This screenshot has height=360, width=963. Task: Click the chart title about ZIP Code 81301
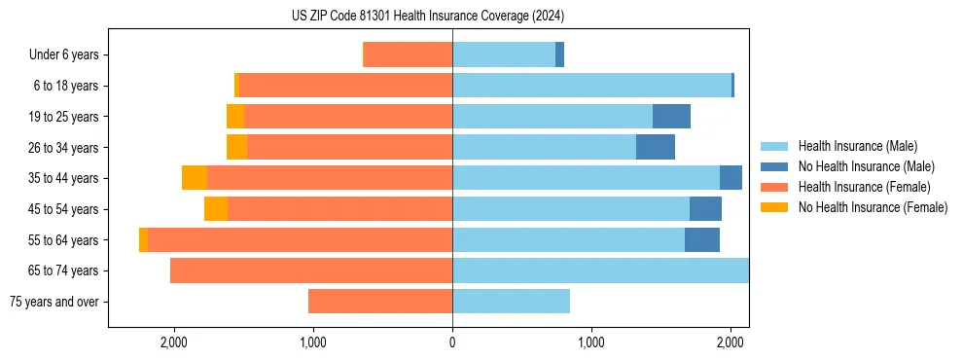pyautogui.click(x=428, y=17)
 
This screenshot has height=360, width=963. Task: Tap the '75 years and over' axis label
pyautogui.click(x=54, y=302)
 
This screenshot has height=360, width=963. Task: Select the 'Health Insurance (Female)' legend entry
pyautogui.click(x=864, y=187)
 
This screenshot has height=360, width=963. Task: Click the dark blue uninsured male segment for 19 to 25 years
pyautogui.click(x=671, y=117)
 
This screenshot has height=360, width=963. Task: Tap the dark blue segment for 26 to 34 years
pyautogui.click(x=656, y=147)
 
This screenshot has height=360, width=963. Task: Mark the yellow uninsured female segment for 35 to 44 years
pyautogui.click(x=195, y=178)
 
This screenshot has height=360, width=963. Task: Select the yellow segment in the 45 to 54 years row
pyautogui.click(x=216, y=209)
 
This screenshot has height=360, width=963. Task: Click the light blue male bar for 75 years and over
pyautogui.click(x=511, y=302)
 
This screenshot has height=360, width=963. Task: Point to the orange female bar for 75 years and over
pyautogui.click(x=380, y=302)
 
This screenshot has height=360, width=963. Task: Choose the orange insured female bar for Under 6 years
pyautogui.click(x=408, y=55)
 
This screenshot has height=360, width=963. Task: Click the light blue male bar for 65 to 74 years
pyautogui.click(x=600, y=270)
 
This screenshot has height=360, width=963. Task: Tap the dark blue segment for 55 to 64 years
pyautogui.click(x=702, y=240)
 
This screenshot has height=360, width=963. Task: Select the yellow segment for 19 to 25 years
pyautogui.click(x=235, y=117)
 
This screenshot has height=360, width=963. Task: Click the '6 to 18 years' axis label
pyautogui.click(x=65, y=86)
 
